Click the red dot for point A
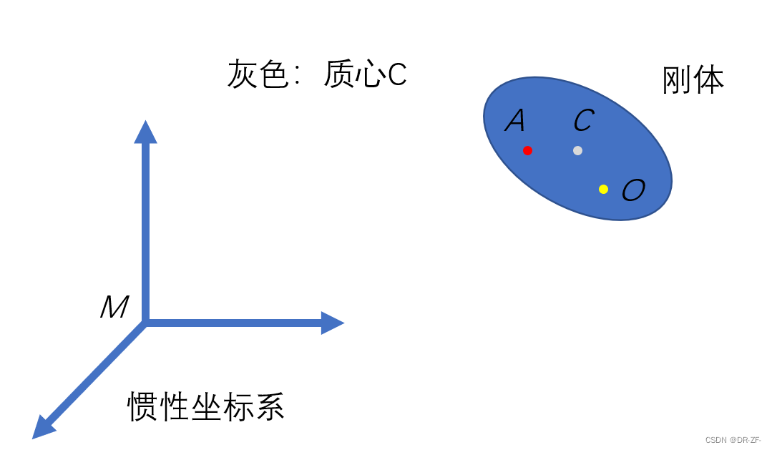coord(527,150)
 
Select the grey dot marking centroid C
coord(577,150)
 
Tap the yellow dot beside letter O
coord(603,189)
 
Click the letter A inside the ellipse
coord(515,121)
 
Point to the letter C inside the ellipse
coord(583,121)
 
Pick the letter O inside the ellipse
coord(633,190)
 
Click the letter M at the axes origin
coord(114,308)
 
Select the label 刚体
coord(693,80)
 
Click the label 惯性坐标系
coord(205,407)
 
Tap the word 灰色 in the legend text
coord(258,74)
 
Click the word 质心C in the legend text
coord(365,74)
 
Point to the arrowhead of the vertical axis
coord(145,132)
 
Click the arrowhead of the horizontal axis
coord(332,323)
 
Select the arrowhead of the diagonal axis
coord(44,426)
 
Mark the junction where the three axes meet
coord(145,323)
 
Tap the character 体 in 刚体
coord(709,80)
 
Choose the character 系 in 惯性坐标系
coord(269,407)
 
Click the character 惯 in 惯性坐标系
coord(142,407)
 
